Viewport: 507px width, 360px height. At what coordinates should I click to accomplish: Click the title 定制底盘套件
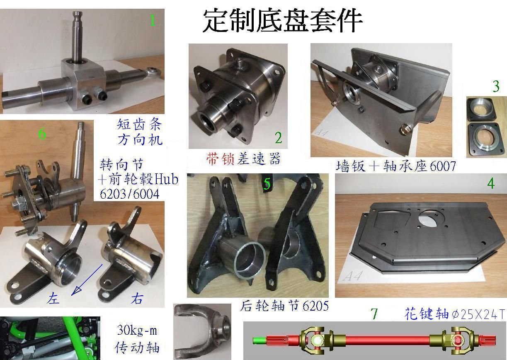tap(282, 21)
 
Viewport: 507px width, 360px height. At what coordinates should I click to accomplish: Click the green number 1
tap(153, 20)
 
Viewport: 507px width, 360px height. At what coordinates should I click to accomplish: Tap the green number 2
tap(279, 137)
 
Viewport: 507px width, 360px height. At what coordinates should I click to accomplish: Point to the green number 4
tap(491, 183)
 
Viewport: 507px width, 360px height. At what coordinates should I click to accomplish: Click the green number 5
tap(267, 183)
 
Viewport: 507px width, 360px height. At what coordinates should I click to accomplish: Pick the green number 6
tap(42, 134)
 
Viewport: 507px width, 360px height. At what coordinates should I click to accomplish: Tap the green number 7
tap(374, 314)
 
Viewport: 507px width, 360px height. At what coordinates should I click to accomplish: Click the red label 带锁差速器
tap(243, 158)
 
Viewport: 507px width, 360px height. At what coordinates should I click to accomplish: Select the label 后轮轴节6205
tap(284, 306)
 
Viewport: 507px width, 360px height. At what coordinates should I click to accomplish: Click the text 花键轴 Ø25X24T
tap(454, 314)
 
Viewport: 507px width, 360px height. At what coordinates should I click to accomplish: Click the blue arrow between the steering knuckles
tap(87, 280)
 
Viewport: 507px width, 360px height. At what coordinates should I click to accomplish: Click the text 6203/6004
tap(129, 194)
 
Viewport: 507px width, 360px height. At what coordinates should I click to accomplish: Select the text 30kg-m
tap(137, 331)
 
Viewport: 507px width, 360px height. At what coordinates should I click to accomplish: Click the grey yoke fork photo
tap(202, 332)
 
